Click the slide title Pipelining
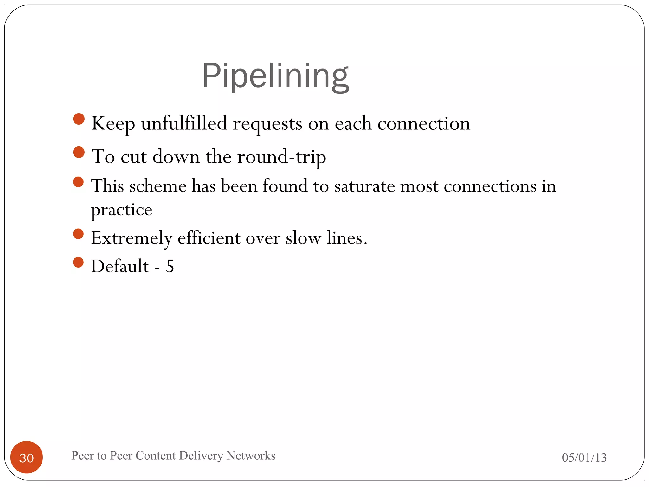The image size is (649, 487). point(275,76)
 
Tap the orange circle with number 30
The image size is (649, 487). point(27,457)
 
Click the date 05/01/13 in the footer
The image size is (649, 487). point(584,458)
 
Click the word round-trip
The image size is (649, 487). point(281,157)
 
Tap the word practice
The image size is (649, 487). point(122,210)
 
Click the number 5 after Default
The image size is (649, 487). point(170,266)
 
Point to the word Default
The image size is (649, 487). point(120,266)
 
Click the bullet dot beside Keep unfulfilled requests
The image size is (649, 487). point(79,119)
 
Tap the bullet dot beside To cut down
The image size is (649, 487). point(79,152)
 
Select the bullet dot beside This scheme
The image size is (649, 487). point(78,182)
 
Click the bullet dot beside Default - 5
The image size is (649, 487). point(78,262)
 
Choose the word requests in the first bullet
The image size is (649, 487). point(267,124)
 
